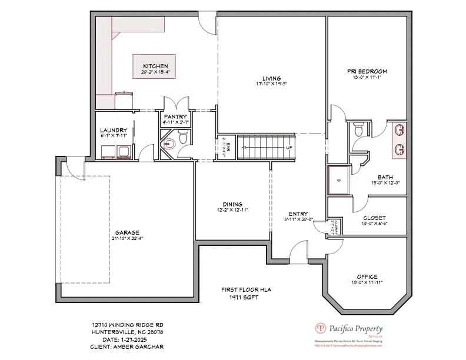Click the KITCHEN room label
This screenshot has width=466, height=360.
tap(155, 66)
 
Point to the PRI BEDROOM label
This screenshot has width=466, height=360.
tap(367, 71)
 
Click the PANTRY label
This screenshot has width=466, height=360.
tap(175, 117)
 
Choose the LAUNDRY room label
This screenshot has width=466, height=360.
tap(114, 130)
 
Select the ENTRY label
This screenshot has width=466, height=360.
tap(298, 214)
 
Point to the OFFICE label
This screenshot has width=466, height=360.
tap(367, 276)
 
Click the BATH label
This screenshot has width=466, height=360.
tap(385, 177)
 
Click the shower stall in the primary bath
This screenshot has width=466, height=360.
tap(339, 180)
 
